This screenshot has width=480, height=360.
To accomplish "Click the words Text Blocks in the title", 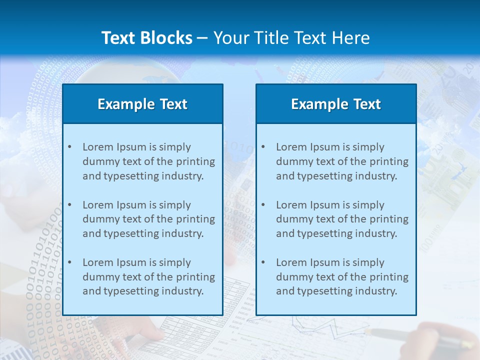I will [x=146, y=38].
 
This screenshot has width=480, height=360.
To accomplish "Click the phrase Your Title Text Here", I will [x=291, y=38].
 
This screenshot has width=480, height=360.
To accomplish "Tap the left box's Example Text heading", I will [x=142, y=104].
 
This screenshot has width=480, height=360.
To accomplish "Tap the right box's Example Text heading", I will [x=336, y=104].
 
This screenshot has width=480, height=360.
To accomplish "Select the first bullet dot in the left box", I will [x=69, y=147].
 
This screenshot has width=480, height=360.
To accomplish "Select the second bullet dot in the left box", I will [x=69, y=205].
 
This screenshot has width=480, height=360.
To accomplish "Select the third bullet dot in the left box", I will [x=69, y=262].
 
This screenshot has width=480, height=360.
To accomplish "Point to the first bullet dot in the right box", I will [x=263, y=147].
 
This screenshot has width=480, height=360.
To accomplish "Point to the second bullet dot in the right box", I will [x=263, y=205].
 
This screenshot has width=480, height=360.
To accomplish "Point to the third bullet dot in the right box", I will [x=263, y=262].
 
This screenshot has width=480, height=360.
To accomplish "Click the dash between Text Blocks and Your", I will [x=202, y=38].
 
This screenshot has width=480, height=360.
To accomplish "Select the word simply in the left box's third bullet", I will [x=175, y=262].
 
